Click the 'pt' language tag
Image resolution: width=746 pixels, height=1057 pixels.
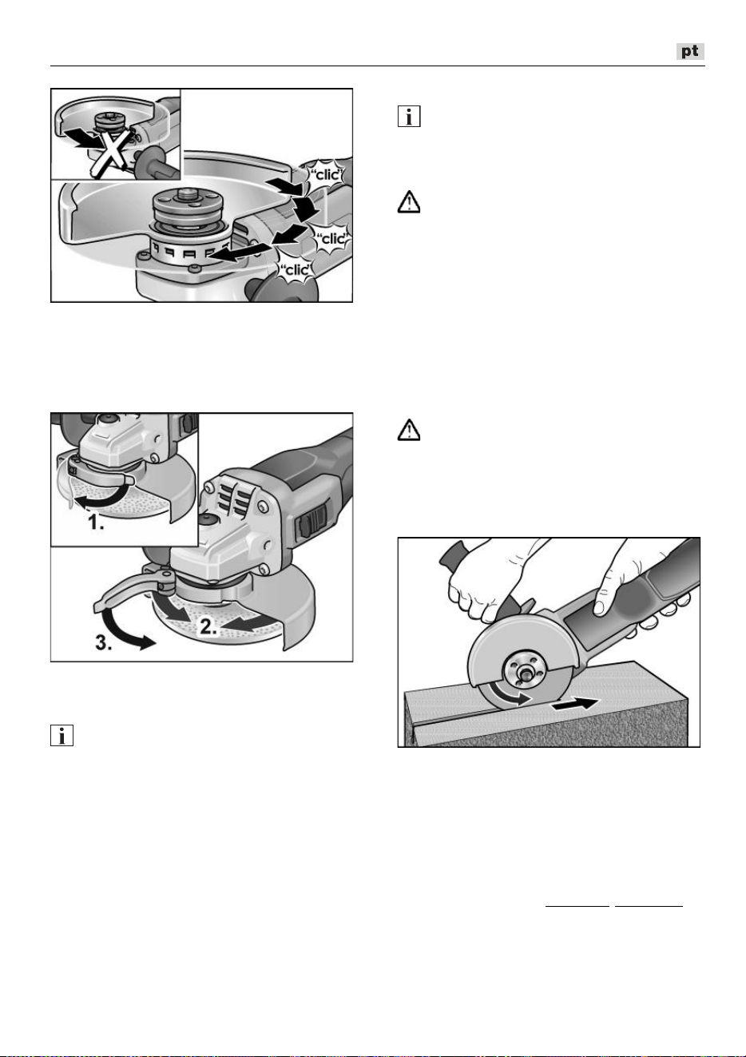pos(690,51)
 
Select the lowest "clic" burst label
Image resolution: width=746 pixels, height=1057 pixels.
pos(296,270)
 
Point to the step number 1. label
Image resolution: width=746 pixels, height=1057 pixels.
pos(96,523)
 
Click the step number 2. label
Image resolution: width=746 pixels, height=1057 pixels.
pos(208,626)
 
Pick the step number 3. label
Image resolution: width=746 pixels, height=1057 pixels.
pos(103,642)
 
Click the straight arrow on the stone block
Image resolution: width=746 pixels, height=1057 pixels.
pos(575,704)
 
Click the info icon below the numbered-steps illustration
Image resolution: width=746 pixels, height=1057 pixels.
pos(62,735)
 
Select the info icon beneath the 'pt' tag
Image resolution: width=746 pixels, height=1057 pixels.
pos(409,116)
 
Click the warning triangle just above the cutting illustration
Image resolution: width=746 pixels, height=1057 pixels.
pos(409,430)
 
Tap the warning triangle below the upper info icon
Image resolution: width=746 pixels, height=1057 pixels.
pos(409,202)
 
